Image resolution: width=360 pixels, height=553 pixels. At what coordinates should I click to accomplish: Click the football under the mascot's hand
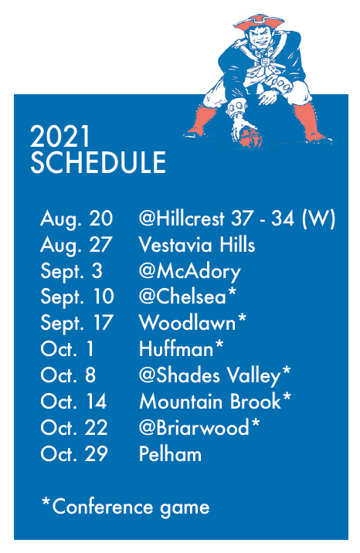pos(251,138)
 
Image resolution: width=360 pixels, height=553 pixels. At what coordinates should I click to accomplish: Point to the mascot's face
pos(260,36)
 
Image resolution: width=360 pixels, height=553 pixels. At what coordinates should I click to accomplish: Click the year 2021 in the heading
pos(60,137)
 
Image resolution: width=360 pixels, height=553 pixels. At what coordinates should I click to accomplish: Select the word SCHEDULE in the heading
pos(98,162)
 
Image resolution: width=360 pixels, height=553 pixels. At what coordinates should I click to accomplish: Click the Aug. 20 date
pos(76,219)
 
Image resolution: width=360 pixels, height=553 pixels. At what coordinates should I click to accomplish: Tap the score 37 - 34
pos(263,218)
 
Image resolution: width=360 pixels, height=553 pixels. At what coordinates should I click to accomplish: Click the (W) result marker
pos(318,219)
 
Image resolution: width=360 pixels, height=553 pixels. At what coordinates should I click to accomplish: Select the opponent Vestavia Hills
pos(197,244)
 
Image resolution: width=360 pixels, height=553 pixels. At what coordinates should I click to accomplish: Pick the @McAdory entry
pos(190,272)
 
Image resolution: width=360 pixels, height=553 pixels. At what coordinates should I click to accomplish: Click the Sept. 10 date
pos(77,297)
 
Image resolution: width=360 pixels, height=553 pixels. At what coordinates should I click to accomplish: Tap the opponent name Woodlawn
pos(187,322)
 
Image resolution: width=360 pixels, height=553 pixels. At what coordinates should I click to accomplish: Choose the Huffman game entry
pos(182,348)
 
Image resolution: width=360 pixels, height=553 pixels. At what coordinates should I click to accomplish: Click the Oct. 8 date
pos(68,375)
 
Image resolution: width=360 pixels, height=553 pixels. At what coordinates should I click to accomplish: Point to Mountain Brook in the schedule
pos(210,402)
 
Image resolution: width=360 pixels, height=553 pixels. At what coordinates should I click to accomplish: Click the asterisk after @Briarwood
pos(255,422)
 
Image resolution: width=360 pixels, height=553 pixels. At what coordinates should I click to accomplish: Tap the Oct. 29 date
pos(74,453)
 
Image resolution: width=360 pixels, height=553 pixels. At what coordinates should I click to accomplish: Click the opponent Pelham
pos(170,453)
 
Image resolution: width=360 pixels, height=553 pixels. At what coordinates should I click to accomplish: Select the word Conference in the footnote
pos(103,507)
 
